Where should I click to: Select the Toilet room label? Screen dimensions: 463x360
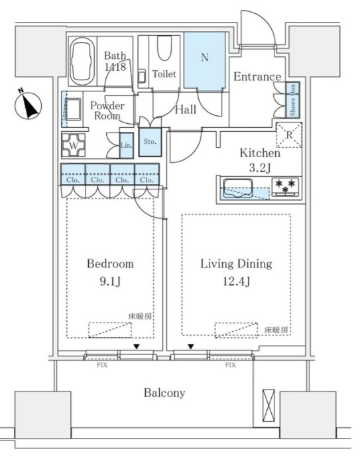pos(164,74)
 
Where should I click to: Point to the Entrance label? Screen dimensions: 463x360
pos(257,77)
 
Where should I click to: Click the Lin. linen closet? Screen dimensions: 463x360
pos(125,145)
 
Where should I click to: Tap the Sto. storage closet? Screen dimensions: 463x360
pos(149,141)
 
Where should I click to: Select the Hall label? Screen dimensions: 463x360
pos(185,109)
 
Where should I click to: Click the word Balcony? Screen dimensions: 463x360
pos(164,393)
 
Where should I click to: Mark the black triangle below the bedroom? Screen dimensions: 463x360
pos(137,346)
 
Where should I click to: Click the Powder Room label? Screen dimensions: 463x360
pos(107,110)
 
